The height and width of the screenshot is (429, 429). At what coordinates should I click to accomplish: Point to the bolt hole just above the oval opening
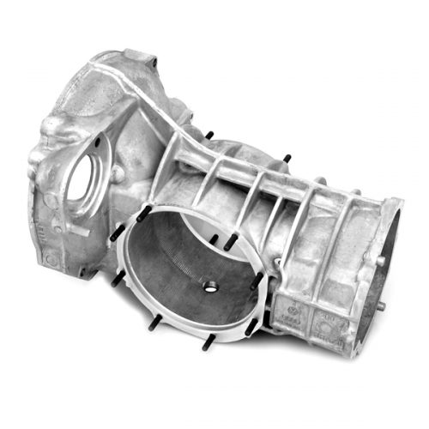pos(96,140)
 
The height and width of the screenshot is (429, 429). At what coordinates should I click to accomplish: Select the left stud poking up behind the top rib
pos(208,134)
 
